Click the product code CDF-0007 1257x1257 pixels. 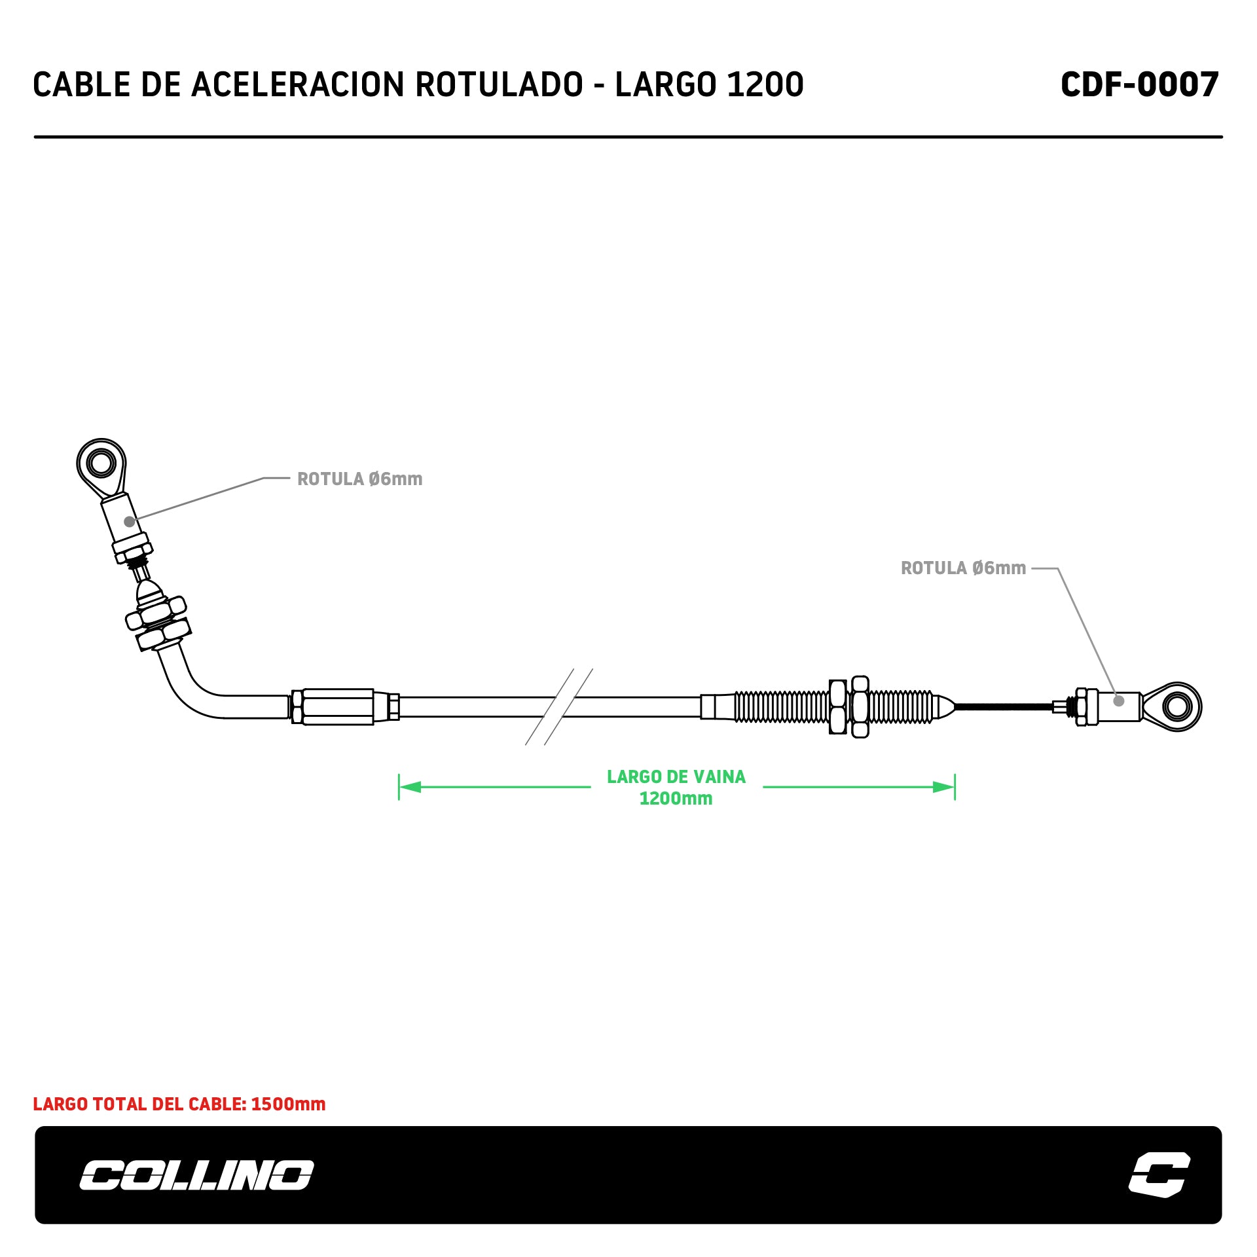tap(1139, 84)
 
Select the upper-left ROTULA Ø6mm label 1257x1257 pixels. tap(359, 479)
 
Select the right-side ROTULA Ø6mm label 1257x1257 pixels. tap(963, 568)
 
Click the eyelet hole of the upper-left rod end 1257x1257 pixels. tap(101, 464)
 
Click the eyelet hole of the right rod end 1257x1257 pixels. tap(1177, 706)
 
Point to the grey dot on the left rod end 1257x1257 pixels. tap(130, 522)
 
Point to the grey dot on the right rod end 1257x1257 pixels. tap(1119, 701)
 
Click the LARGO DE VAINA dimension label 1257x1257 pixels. tap(676, 776)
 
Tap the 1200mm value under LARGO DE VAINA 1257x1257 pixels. tap(676, 799)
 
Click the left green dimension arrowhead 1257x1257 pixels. tap(410, 786)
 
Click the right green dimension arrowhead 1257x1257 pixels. tap(943, 786)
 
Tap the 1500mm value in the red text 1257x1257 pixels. tap(288, 1104)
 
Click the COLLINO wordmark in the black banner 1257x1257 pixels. tap(196, 1175)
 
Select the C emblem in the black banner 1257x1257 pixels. tap(1159, 1175)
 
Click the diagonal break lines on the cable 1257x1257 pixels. tap(559, 706)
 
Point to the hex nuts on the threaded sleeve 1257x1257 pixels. tap(849, 706)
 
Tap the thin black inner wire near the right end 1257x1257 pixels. tap(1002, 706)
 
